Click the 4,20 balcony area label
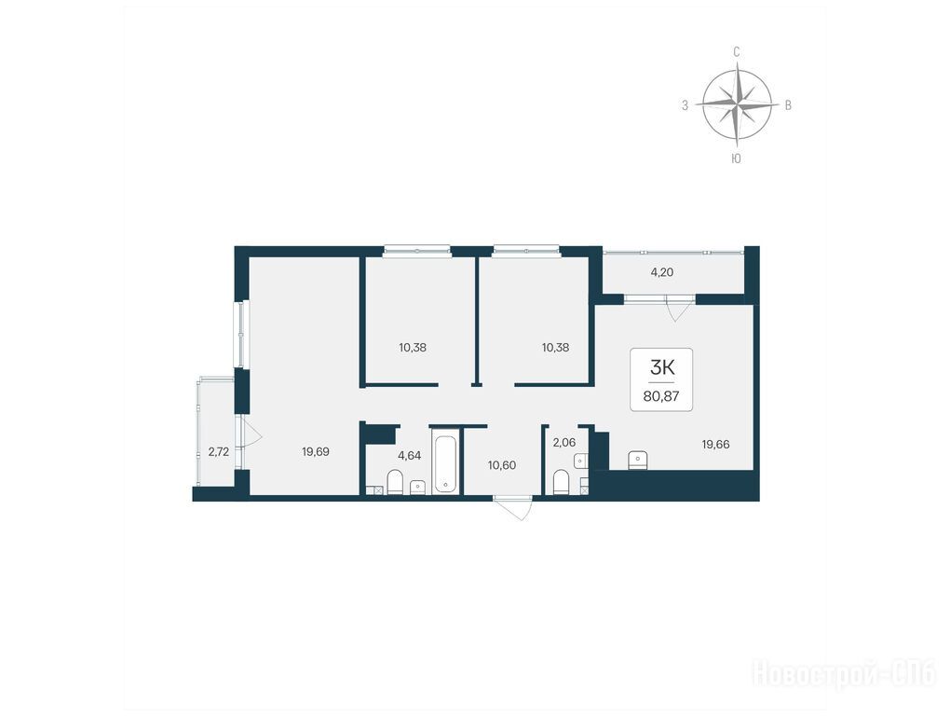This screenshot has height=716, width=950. tap(661, 272)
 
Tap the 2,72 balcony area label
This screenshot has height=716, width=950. tap(219, 451)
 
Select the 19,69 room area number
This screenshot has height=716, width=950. tap(316, 451)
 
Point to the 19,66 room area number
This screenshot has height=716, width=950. tap(715, 444)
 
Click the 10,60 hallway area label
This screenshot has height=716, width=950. tap(502, 465)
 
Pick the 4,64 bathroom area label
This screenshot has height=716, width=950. tap(410, 455)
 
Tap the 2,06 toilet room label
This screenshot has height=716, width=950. tap(564, 443)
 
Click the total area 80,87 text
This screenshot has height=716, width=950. tap(661, 396)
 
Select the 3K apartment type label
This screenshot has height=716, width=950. tap(661, 367)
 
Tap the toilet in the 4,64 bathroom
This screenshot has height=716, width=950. tap(394, 482)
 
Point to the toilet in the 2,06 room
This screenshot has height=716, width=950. tap(562, 483)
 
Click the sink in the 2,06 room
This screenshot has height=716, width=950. tap(581, 461)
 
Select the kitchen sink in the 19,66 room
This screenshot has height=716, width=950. tap(639, 461)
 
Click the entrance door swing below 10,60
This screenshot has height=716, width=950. tap(513, 508)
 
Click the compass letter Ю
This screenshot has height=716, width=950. tap(736, 158)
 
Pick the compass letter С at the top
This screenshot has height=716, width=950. tap(737, 52)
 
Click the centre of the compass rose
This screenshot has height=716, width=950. tap(737, 105)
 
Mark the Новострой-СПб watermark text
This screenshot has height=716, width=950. tap(845, 674)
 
